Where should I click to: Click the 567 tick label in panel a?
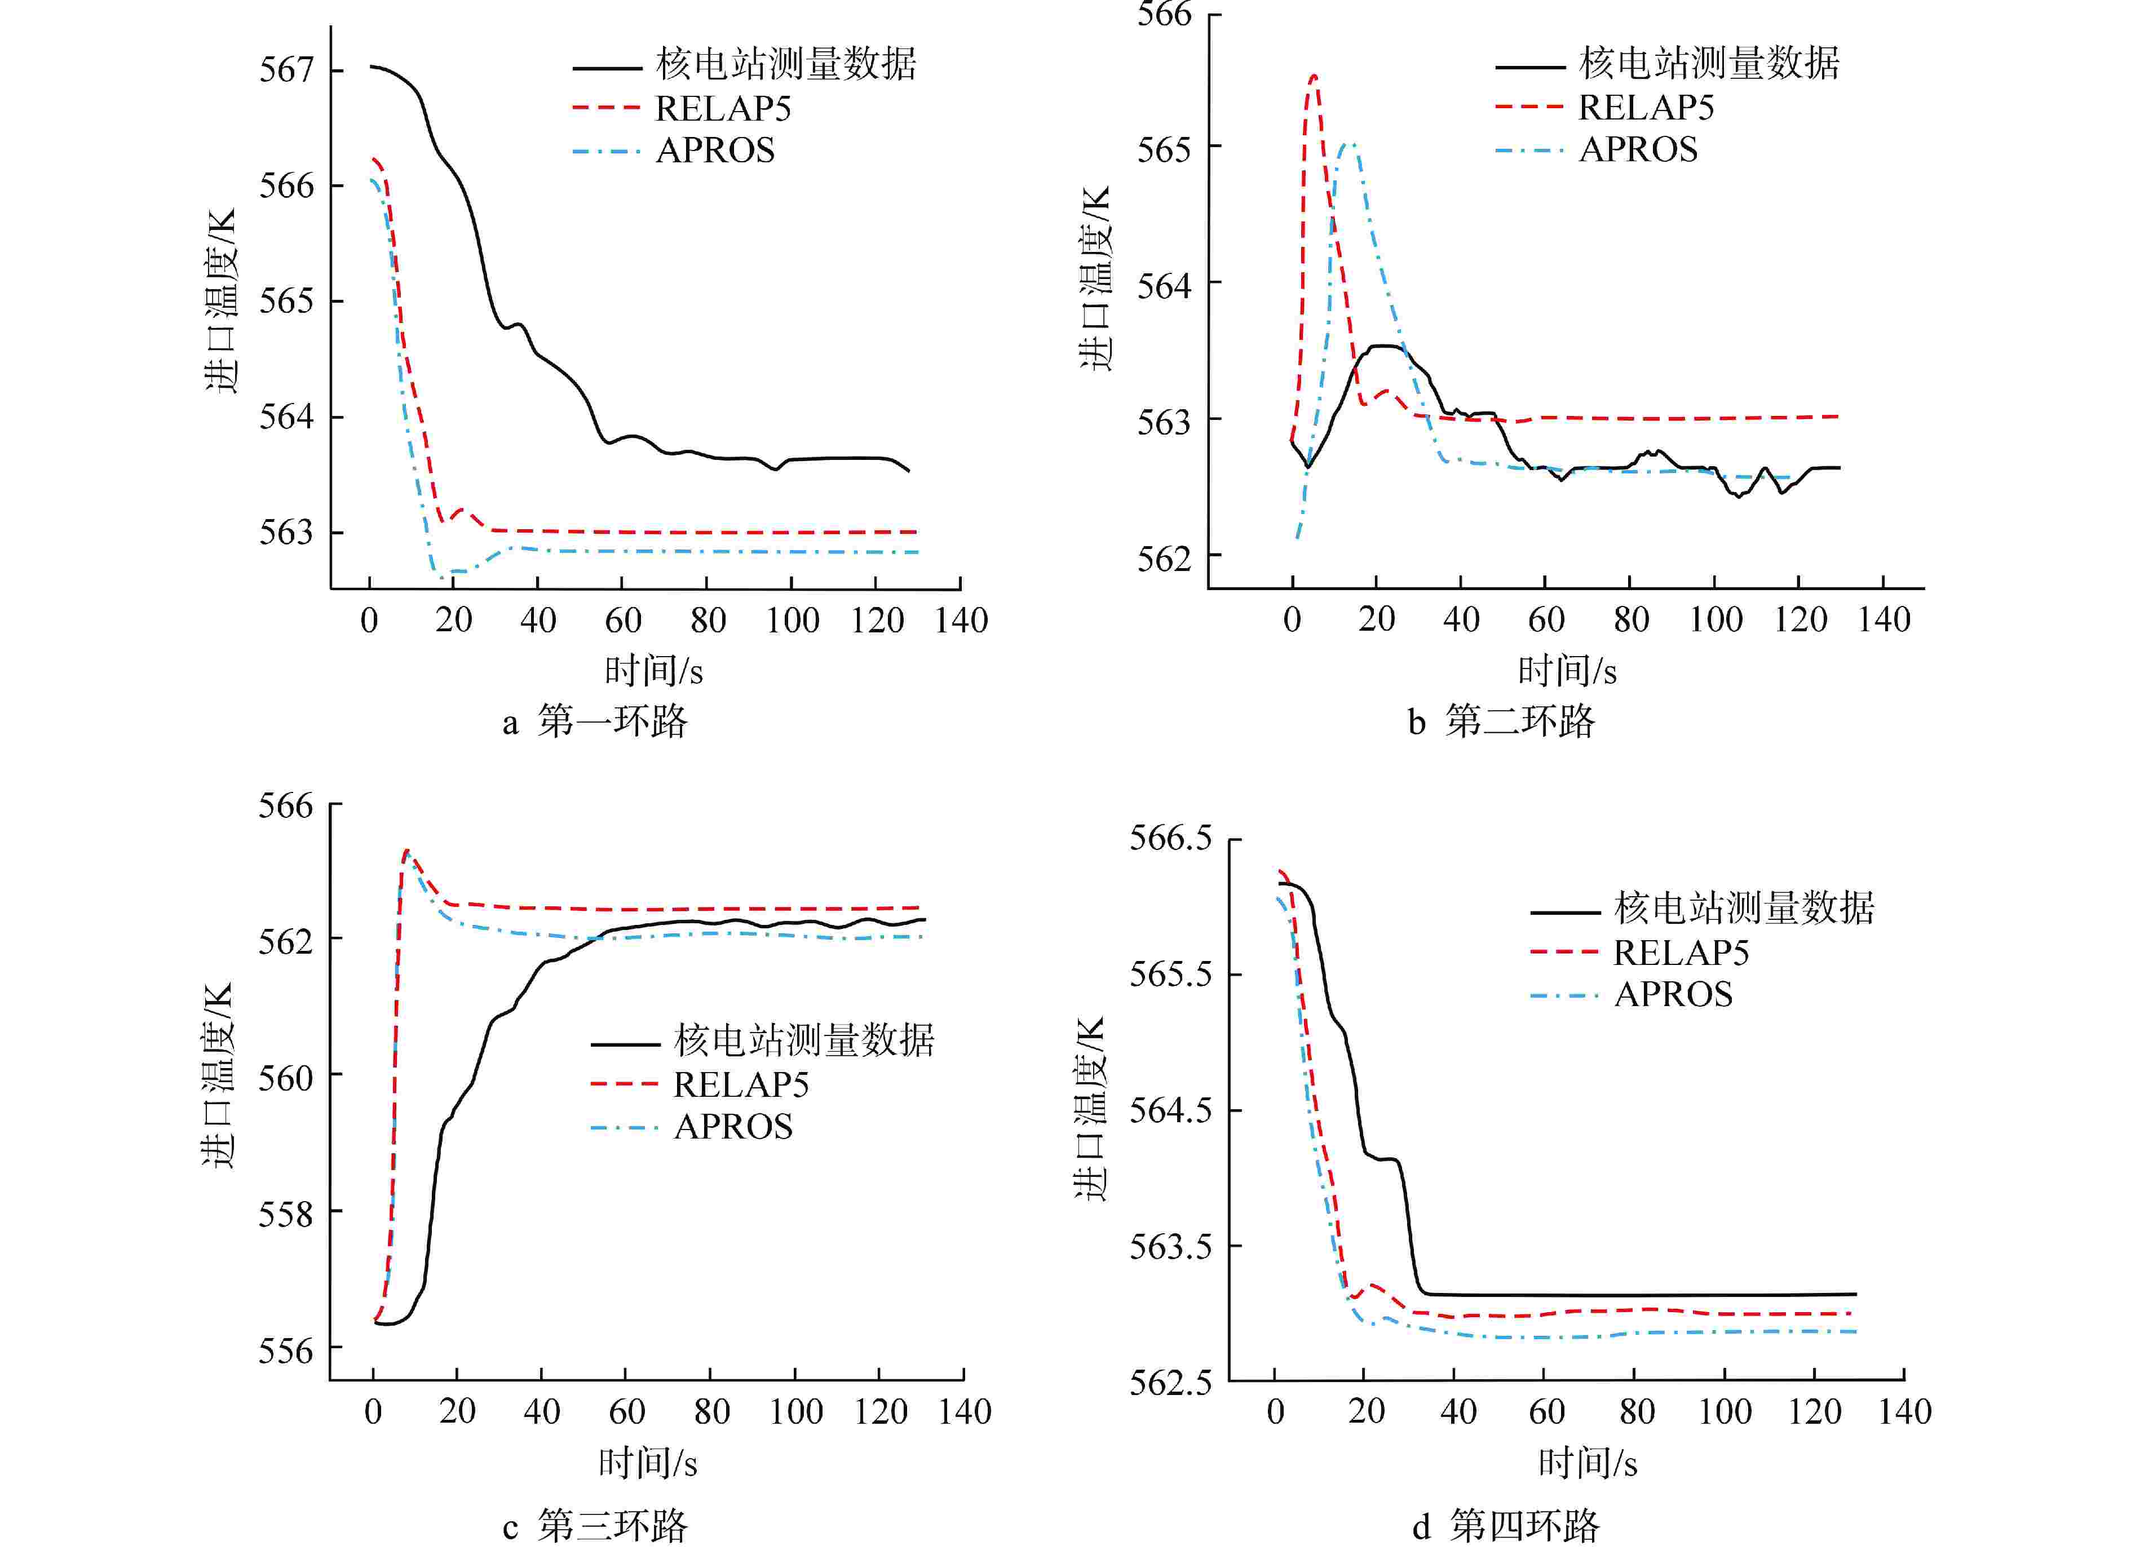coord(286,70)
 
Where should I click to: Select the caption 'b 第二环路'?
coord(1501,721)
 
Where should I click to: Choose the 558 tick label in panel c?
coord(286,1214)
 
